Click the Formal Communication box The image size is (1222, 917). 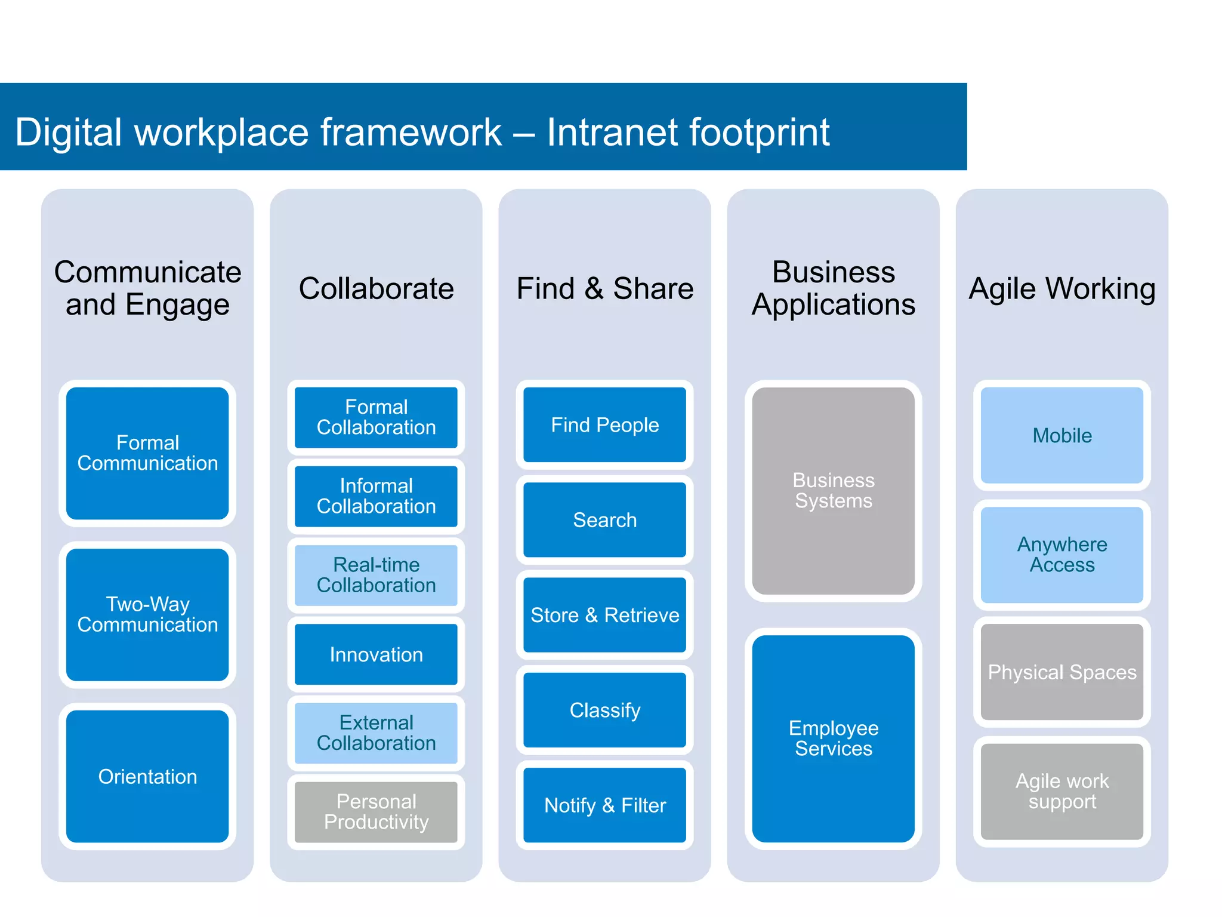[x=147, y=453]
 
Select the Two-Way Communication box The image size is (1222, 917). [x=147, y=614]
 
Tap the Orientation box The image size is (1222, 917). [x=147, y=776]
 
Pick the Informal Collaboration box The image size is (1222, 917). [x=376, y=496]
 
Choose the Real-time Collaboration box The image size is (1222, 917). [x=376, y=575]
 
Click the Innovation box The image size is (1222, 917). [x=376, y=654]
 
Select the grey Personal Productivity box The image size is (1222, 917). [x=376, y=812]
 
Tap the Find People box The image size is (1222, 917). [x=604, y=424]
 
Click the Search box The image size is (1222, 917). [x=604, y=519]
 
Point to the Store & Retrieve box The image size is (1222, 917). [x=604, y=615]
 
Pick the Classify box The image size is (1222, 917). [x=604, y=710]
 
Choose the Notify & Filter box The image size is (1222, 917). [x=604, y=805]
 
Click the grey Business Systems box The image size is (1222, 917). [x=833, y=491]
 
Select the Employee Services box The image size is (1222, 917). [x=833, y=738]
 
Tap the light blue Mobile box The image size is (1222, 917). [x=1061, y=435]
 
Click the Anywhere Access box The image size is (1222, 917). [x=1061, y=555]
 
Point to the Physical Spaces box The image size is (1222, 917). [x=1061, y=672]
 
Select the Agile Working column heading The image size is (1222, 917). [x=1061, y=288]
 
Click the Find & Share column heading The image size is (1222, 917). [x=604, y=288]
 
